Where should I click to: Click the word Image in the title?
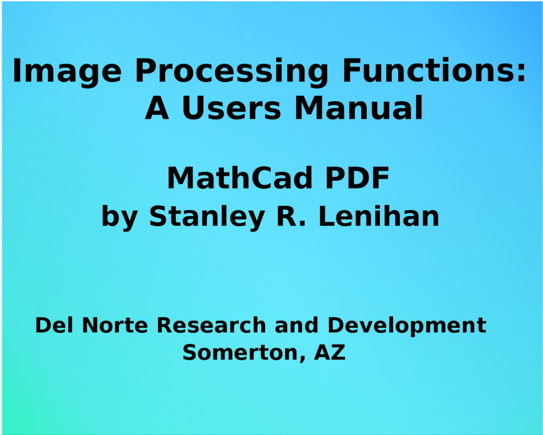click(67, 72)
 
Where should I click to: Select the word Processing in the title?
click(232, 72)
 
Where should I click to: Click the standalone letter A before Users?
click(157, 108)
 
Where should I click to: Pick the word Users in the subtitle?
click(231, 108)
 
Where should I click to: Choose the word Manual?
click(359, 108)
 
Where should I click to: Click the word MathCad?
click(239, 178)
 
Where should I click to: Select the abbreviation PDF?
click(357, 178)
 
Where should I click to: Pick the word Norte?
click(115, 326)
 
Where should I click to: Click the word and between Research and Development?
click(296, 325)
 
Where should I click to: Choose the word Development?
click(407, 327)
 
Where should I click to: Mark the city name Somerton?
click(244, 353)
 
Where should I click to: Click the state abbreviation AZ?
click(329, 352)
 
